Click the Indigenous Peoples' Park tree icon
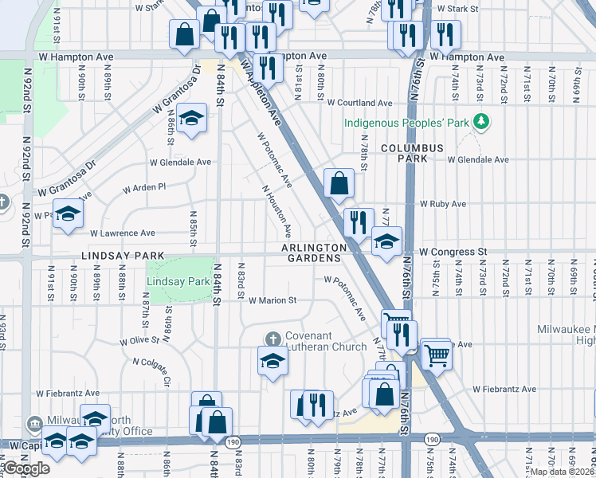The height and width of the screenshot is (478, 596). tap(480, 122)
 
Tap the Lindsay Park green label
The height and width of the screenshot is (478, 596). tap(178, 281)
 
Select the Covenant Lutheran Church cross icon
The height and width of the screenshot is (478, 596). tap(273, 338)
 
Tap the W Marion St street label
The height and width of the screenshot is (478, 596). tap(272, 301)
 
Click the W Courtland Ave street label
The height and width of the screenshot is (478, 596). tap(360, 104)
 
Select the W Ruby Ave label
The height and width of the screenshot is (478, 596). tap(442, 204)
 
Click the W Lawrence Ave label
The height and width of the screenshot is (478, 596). tap(123, 233)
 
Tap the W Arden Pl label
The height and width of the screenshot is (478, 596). tap(143, 188)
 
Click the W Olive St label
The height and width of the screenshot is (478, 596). tap(140, 340)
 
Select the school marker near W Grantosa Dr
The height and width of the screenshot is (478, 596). tap(190, 119)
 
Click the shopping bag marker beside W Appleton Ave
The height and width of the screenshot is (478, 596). tap(339, 182)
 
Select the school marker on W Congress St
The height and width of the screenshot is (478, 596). tap(387, 242)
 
